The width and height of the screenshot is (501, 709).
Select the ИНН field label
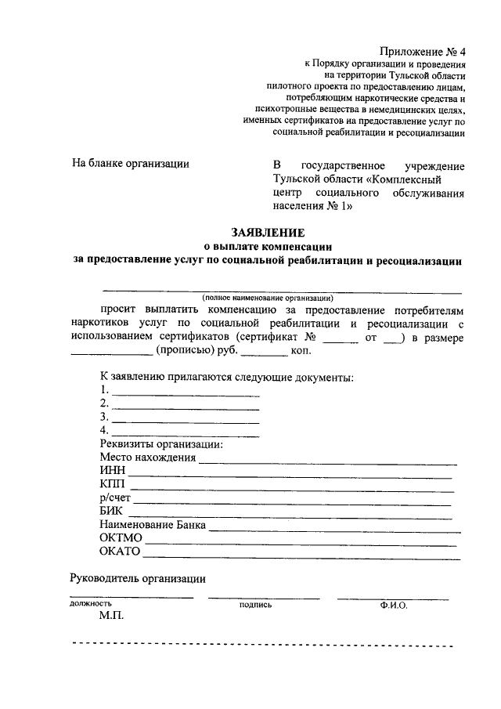point(113,472)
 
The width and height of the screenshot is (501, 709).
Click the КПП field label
point(113,485)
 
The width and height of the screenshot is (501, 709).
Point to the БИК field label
point(113,512)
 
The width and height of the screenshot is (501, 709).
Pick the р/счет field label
point(116,498)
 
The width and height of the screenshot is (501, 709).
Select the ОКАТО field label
point(120,552)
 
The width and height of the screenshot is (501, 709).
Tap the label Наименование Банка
point(153,525)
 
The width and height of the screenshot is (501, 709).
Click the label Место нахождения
point(147,458)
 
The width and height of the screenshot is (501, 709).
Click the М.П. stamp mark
point(112,617)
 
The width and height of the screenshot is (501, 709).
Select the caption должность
point(91,604)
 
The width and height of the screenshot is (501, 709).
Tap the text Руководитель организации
point(139,579)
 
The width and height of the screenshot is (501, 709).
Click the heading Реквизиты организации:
point(161,444)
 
